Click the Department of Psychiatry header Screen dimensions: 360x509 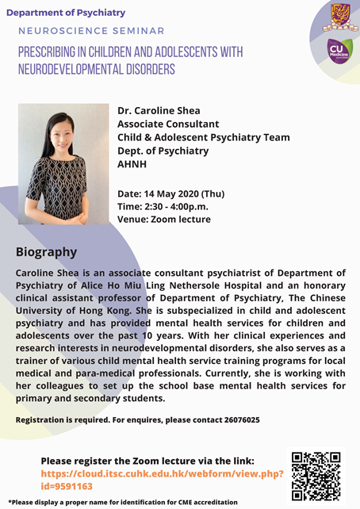tap(65, 12)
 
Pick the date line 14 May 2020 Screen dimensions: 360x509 tap(171, 193)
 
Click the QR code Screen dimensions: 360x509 tap(316, 475)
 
